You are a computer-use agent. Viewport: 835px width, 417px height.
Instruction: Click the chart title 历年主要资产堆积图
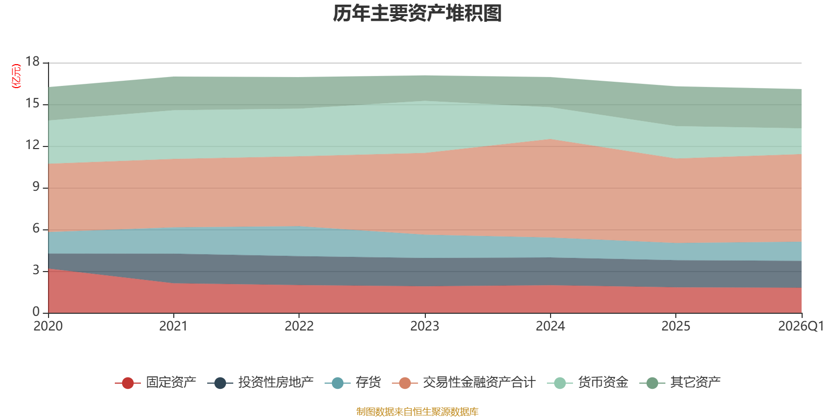417,14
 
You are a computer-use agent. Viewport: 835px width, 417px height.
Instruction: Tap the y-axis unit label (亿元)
16,76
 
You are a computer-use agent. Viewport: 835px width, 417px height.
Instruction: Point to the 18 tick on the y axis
32,62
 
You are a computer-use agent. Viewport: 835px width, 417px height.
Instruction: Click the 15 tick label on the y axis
32,104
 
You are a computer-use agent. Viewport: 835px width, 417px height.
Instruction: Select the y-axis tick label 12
32,145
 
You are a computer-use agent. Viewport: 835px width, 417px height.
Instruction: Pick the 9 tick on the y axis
36,187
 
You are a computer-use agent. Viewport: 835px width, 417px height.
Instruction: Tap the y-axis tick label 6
36,229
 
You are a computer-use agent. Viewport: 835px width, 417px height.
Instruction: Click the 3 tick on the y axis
36,271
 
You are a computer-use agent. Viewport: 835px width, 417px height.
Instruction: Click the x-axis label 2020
48,326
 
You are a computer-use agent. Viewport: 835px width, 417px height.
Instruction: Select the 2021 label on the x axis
173,326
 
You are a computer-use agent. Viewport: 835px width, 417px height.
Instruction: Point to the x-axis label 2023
425,326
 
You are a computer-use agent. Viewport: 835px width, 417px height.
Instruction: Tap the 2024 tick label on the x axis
550,326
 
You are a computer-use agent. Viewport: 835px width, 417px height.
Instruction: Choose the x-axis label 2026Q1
801,326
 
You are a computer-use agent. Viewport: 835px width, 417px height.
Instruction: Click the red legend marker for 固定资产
128,383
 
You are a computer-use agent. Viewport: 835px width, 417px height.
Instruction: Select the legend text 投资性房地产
276,383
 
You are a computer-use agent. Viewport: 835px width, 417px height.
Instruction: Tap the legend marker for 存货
337,383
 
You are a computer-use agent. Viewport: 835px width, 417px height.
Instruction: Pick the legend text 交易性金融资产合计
480,383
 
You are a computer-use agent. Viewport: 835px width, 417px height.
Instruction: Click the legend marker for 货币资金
560,383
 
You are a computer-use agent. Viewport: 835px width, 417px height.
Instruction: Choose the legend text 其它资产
696,383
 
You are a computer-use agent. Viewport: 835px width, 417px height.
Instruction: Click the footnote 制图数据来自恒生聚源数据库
417,411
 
